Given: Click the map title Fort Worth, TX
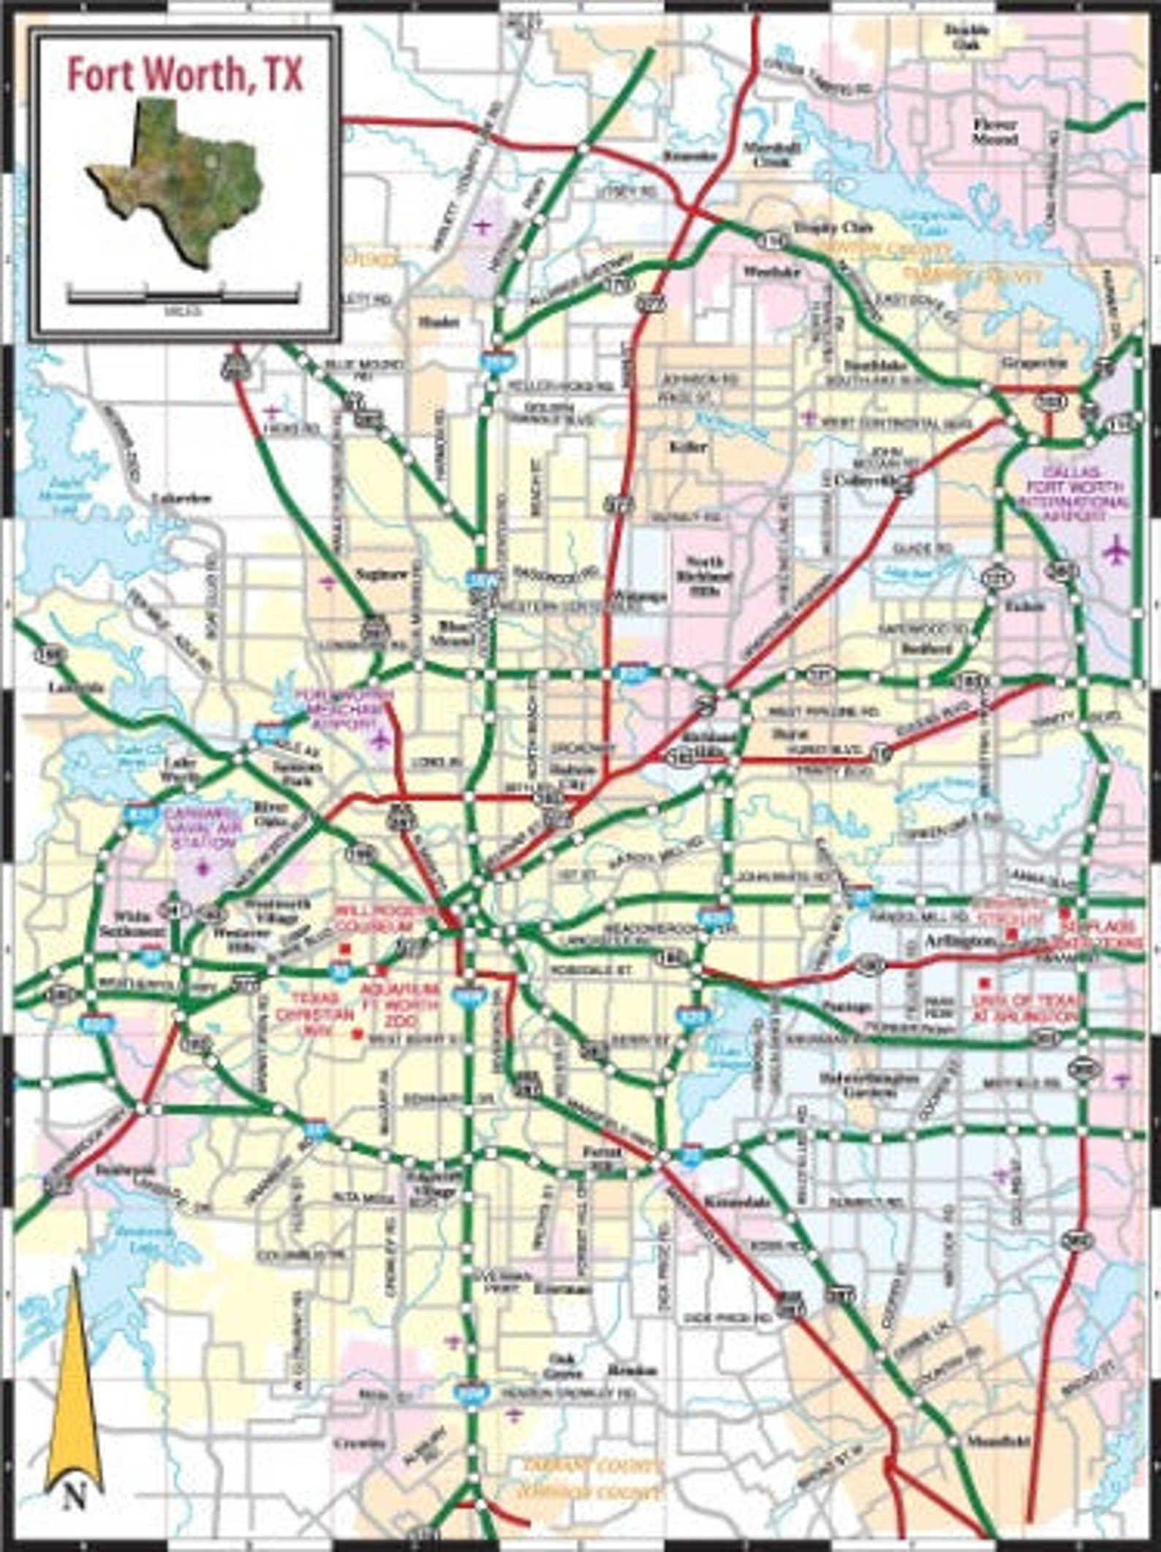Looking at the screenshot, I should point(185,75).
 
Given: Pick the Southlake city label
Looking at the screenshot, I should point(885,364).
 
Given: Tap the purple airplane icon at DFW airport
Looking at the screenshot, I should point(1116,549).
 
